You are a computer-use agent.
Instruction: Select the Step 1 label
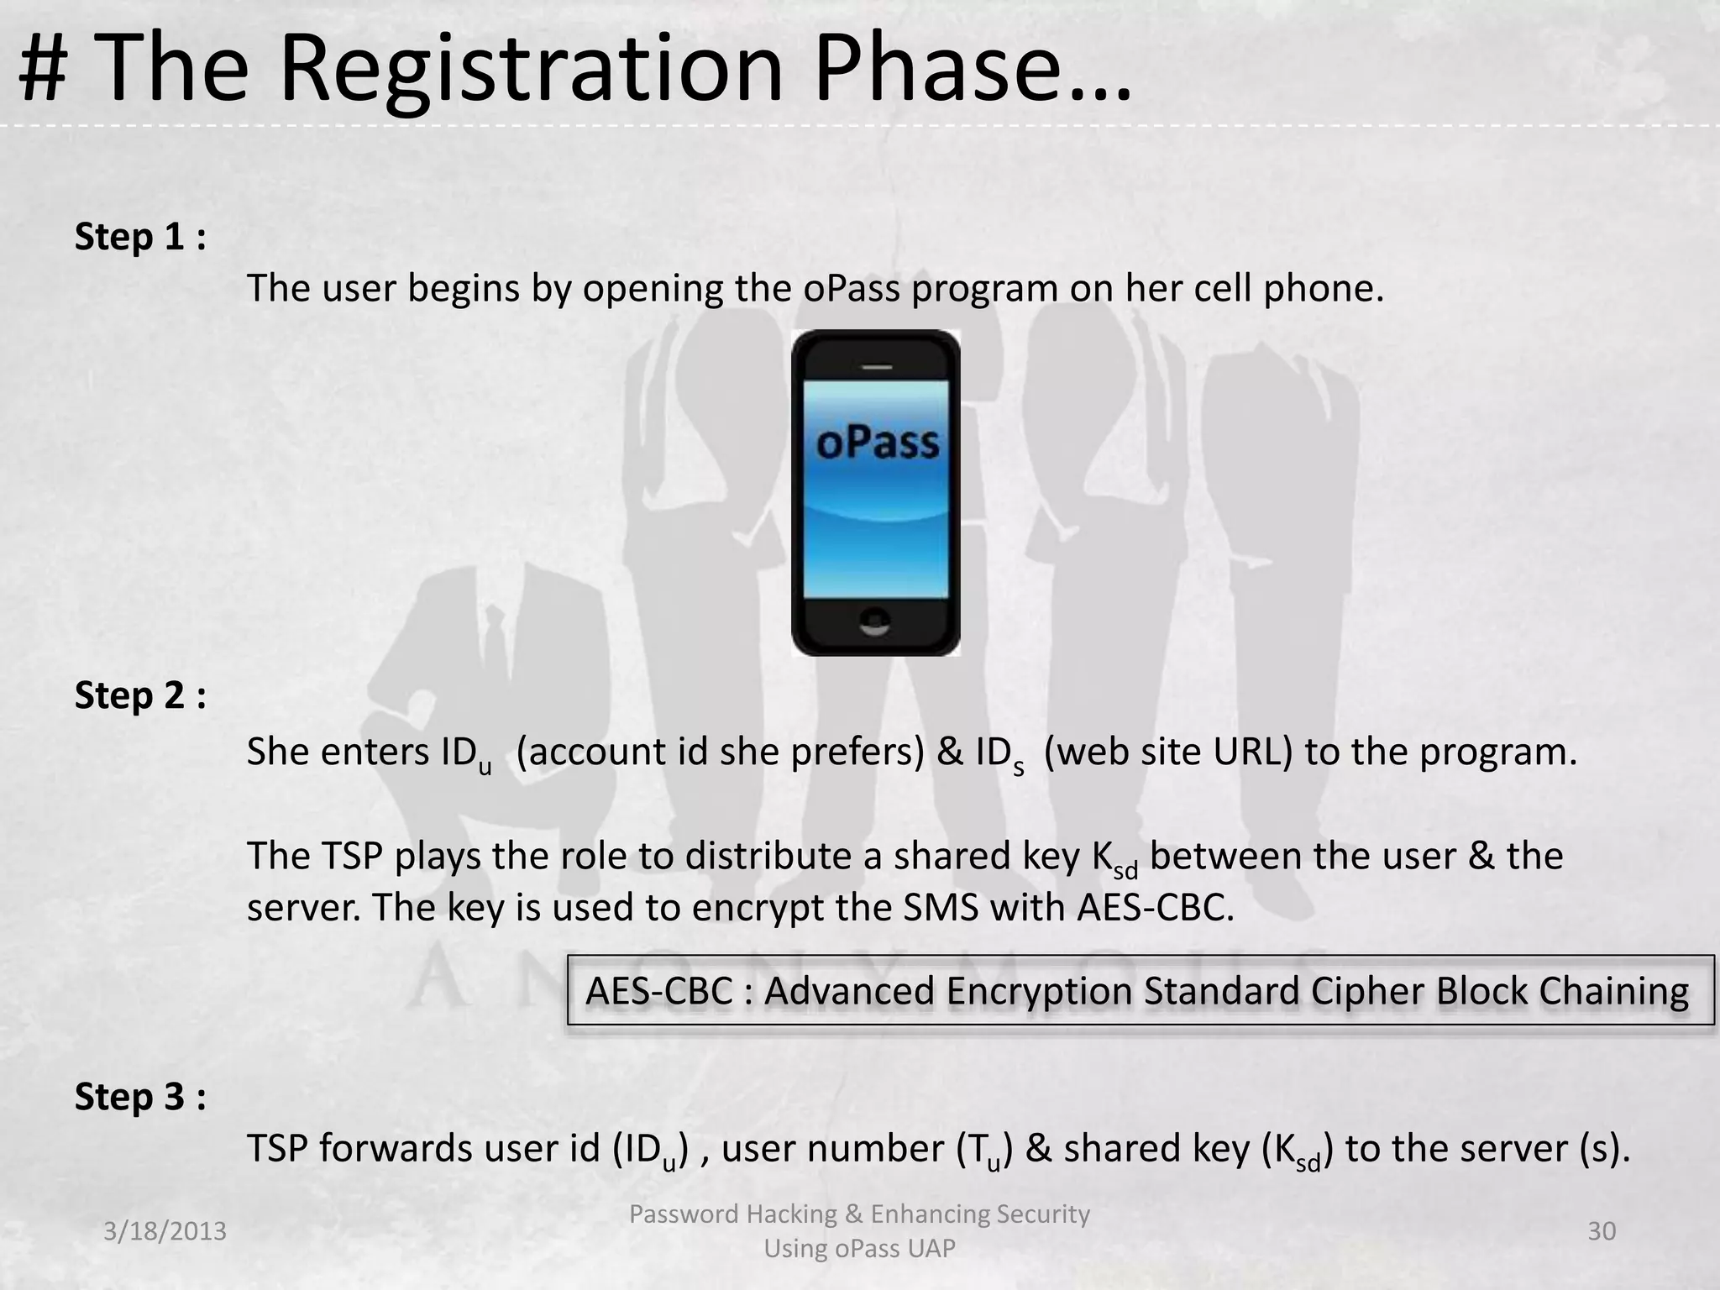tap(139, 238)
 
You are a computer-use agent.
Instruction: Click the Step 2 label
tap(139, 696)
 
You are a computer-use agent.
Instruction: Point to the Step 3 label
tap(139, 1098)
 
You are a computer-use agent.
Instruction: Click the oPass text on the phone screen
tap(877, 443)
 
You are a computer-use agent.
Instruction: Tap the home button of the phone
tap(876, 621)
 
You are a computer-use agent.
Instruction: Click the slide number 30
tap(1602, 1231)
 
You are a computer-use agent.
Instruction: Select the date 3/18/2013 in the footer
tap(165, 1231)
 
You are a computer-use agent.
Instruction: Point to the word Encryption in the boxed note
tap(1039, 992)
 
